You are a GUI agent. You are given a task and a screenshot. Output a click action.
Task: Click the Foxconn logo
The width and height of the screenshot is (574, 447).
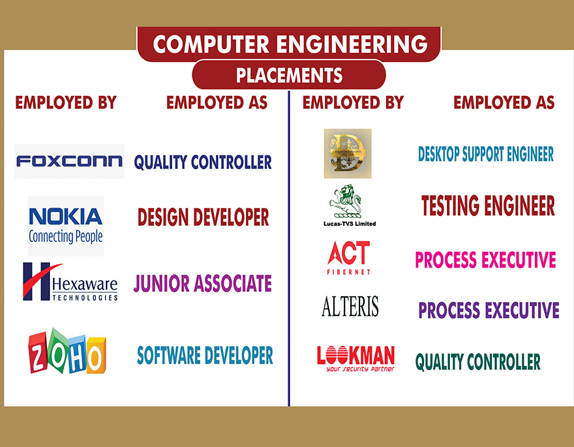click(x=69, y=161)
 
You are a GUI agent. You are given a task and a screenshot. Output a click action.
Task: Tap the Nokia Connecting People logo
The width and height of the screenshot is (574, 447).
click(x=66, y=226)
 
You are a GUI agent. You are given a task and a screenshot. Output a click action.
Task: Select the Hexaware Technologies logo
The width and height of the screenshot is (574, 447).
click(x=70, y=281)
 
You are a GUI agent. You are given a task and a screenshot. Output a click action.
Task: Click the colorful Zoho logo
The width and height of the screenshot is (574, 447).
click(x=67, y=351)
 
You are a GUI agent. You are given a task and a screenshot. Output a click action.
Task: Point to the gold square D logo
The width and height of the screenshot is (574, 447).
click(x=348, y=153)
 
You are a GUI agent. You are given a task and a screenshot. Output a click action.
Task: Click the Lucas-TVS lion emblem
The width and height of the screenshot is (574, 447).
click(x=346, y=202)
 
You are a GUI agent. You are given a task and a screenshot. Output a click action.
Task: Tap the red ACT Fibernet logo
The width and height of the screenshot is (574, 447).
click(x=349, y=258)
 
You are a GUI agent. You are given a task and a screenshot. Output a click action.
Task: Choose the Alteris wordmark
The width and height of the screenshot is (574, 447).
click(x=350, y=306)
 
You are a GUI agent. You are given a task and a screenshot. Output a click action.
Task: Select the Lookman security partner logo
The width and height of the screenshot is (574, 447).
click(x=356, y=359)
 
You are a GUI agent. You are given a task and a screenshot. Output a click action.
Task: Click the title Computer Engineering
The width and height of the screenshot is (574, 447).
click(x=290, y=44)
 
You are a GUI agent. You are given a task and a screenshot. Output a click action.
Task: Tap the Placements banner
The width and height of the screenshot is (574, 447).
click(x=289, y=75)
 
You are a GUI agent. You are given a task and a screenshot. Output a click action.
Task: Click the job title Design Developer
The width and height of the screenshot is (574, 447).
click(x=203, y=217)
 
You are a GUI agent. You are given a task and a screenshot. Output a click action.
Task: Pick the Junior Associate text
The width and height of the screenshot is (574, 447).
click(x=202, y=283)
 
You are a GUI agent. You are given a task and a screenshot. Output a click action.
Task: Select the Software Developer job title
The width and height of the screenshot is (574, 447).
click(x=205, y=355)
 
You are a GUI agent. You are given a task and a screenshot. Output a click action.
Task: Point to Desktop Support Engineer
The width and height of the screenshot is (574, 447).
click(x=486, y=154)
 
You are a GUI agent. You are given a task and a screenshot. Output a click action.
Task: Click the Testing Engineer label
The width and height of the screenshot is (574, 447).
click(x=488, y=206)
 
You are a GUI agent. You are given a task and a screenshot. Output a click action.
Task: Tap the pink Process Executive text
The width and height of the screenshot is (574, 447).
click(x=485, y=260)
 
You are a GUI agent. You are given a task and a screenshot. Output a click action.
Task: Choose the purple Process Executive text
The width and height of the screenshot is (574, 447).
click(x=489, y=310)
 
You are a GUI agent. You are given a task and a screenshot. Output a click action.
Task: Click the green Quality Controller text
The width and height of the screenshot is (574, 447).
click(x=477, y=362)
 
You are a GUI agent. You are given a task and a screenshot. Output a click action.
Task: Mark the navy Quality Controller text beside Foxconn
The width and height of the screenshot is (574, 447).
click(x=203, y=162)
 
